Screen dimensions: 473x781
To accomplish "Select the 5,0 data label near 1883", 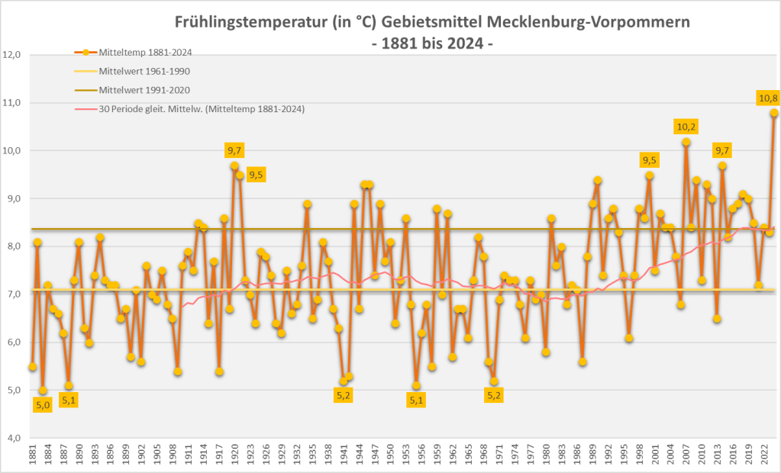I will [x=43, y=406].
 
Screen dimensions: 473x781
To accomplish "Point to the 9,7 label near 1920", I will [x=234, y=150].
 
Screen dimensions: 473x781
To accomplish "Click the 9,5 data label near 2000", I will [x=650, y=160].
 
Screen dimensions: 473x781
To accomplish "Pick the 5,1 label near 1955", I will [x=416, y=400].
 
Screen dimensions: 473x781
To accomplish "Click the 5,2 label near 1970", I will [x=494, y=395].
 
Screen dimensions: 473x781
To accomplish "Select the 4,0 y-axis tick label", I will [x=13, y=439].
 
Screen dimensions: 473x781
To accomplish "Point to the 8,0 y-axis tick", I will [x=13, y=247].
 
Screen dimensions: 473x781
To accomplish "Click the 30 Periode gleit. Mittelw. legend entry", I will [x=202, y=109].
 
